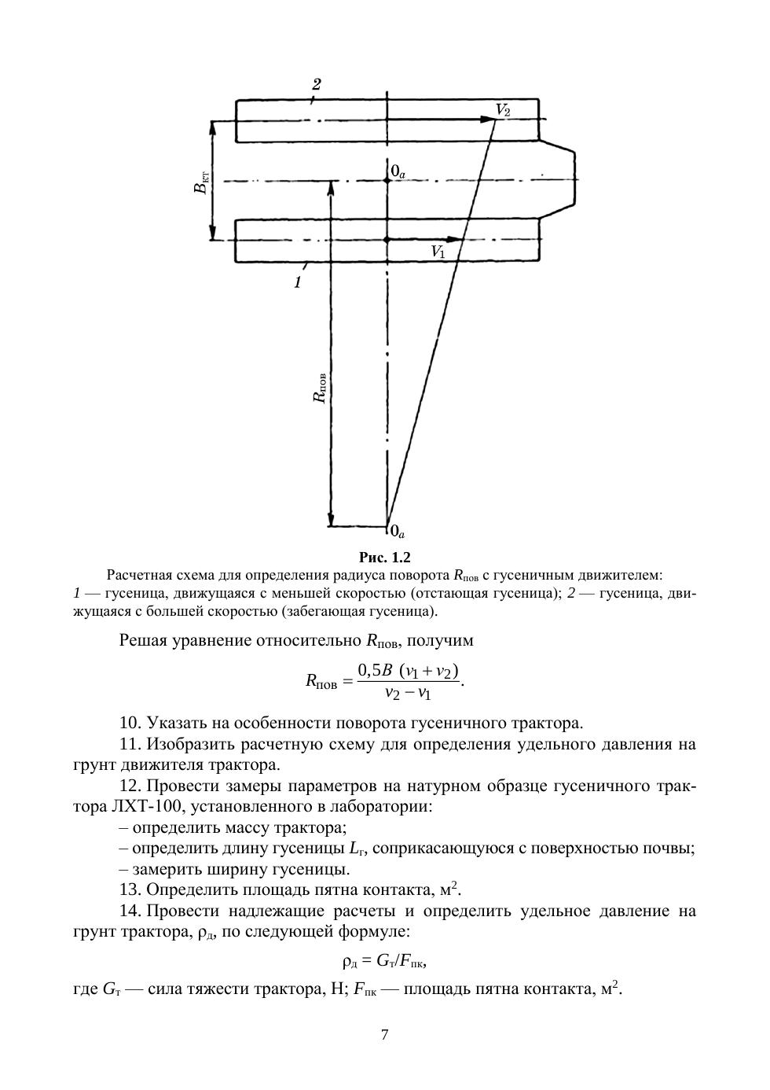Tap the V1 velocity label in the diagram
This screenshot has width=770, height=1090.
[438, 252]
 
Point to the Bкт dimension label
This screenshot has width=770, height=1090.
[202, 182]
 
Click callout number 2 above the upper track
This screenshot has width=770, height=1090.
[316, 85]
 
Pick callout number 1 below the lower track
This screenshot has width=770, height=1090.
[298, 283]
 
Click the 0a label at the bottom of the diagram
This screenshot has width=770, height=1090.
[397, 532]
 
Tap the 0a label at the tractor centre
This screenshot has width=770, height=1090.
[398, 171]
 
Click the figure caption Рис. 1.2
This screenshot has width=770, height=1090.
[385, 558]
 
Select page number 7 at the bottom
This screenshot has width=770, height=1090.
[384, 1035]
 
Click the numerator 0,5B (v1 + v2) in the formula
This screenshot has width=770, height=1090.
[408, 671]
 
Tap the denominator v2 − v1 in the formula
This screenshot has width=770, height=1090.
[408, 693]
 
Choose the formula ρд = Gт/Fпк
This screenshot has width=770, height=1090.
[384, 960]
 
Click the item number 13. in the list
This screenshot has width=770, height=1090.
[130, 890]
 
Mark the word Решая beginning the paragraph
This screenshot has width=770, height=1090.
[145, 640]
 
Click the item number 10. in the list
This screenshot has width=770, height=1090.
[130, 722]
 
